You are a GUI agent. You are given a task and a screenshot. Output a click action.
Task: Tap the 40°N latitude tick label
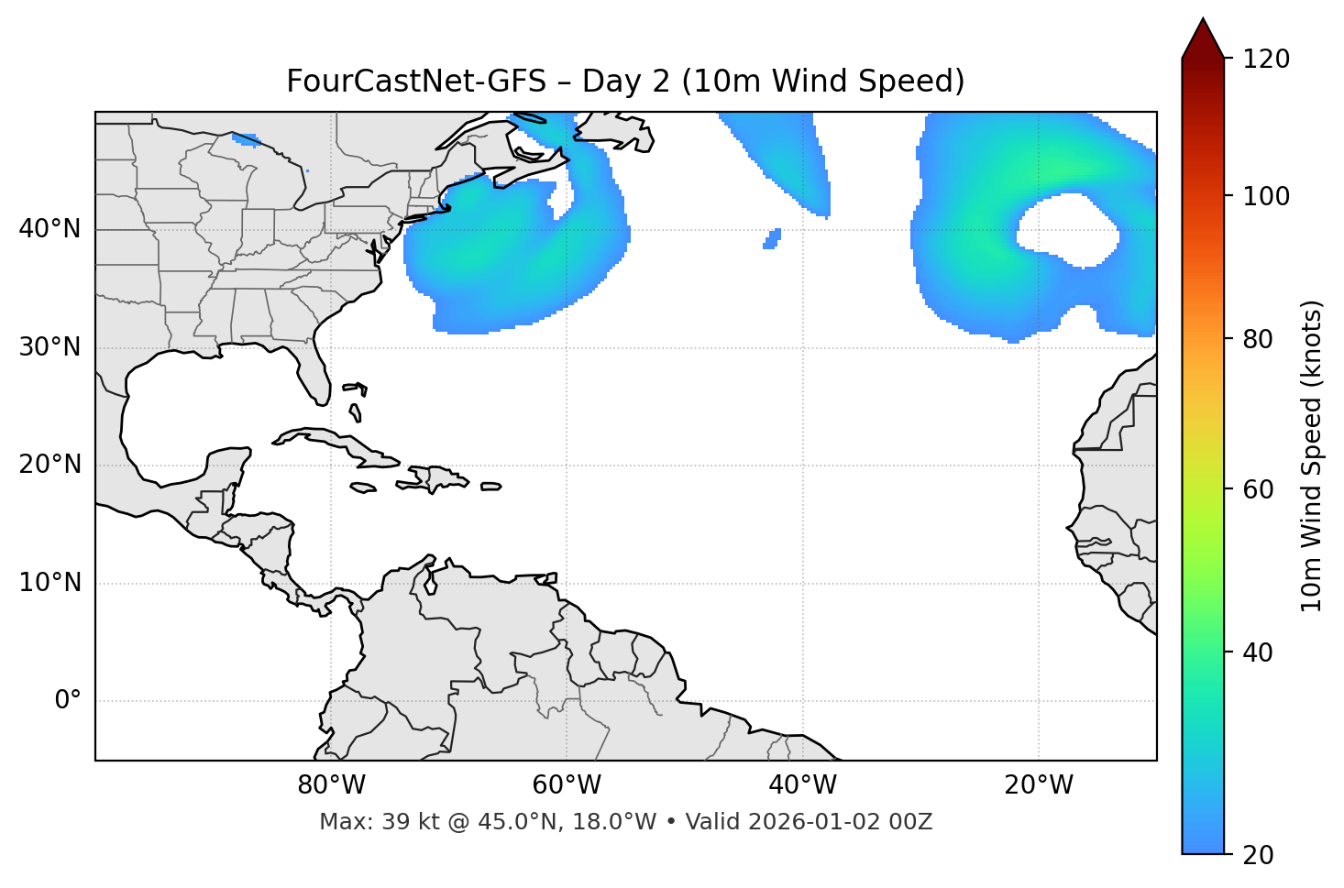[x=50, y=229]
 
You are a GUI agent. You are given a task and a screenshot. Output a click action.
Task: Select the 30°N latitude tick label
[x=50, y=347]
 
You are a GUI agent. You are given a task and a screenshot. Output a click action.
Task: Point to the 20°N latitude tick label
[x=50, y=465]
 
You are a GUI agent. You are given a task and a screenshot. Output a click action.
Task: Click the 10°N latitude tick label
[x=50, y=583]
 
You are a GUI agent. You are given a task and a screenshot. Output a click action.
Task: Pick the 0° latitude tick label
[x=68, y=701]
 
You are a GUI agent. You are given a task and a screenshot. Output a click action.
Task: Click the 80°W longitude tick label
[x=331, y=785]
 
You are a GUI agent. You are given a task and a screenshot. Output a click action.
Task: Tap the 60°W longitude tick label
[x=567, y=785]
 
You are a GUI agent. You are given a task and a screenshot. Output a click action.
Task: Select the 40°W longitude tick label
[x=802, y=785]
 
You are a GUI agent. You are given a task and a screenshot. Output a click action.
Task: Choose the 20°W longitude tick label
[x=1039, y=785]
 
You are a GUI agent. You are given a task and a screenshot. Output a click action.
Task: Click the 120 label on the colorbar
[x=1266, y=59]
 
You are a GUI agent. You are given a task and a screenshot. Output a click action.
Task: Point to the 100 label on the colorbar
[x=1266, y=196]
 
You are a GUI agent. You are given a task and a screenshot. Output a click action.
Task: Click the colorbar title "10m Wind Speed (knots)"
[x=1312, y=456]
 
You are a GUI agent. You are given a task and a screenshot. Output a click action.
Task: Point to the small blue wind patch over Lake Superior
[x=246, y=140]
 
